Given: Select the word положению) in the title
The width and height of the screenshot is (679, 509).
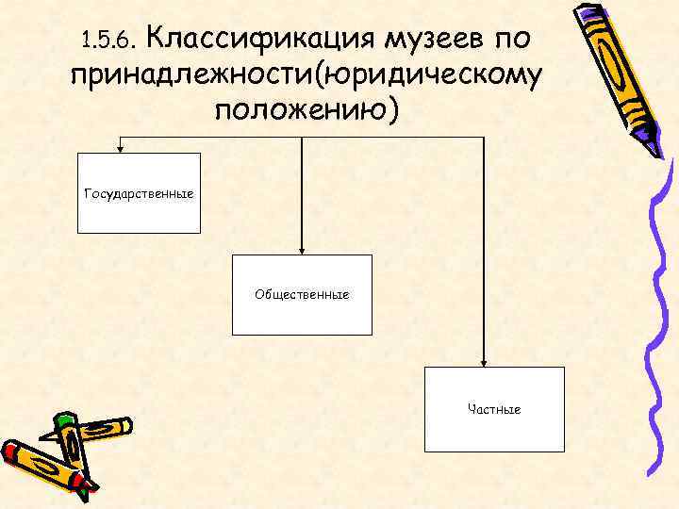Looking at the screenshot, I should tap(307, 109).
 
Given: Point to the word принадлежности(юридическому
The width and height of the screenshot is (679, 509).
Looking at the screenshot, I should tap(306, 74).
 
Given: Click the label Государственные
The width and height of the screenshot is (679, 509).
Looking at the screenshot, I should tap(139, 193).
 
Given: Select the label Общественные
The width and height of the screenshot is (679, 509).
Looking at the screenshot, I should tap(302, 294).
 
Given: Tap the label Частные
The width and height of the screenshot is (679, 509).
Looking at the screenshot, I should tap(494, 409).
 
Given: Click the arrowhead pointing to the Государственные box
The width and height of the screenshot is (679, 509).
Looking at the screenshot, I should tap(120, 147).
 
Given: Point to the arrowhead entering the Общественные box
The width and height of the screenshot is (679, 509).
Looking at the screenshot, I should tap(301, 250).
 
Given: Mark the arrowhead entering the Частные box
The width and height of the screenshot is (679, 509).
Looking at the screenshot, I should tap(484, 362).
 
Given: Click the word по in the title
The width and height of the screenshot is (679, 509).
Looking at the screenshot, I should tap(511, 38).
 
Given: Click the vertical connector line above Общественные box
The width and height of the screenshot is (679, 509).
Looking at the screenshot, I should tap(301, 193).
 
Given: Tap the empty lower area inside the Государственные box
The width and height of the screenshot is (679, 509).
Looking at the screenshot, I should tap(139, 219).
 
